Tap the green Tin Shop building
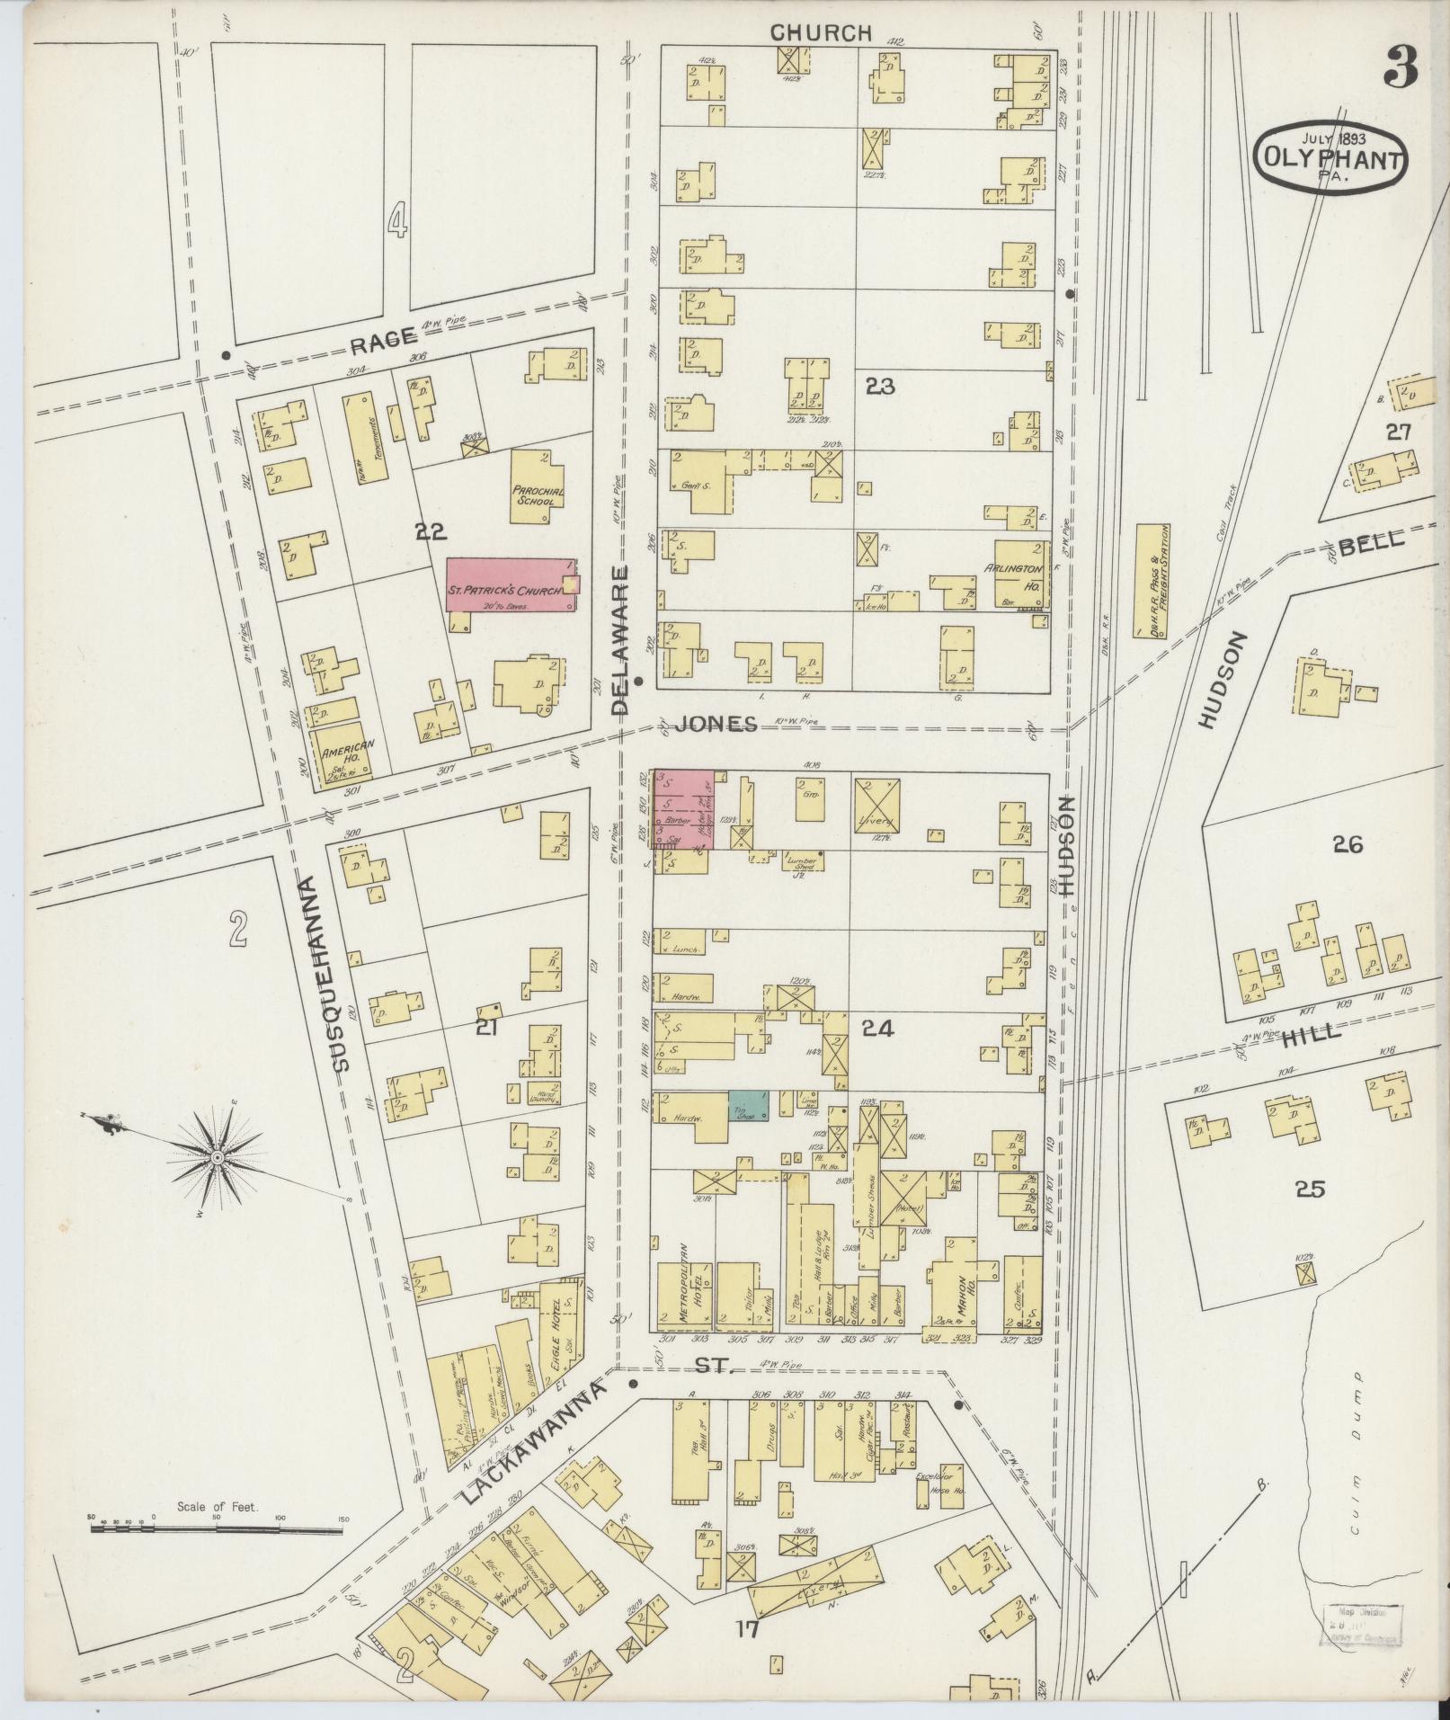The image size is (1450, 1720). point(748,1105)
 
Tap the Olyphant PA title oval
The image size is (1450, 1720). point(1330,158)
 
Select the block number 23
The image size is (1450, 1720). point(880,387)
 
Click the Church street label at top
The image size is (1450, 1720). point(821,32)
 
